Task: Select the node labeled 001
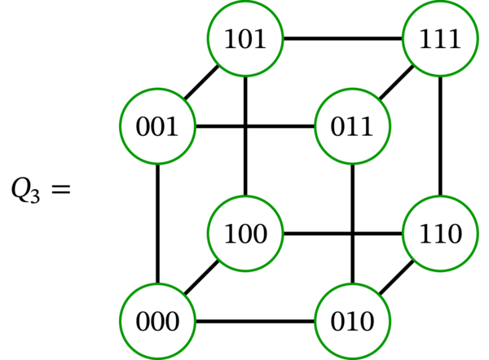157,128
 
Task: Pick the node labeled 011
352,128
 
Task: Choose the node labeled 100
245,234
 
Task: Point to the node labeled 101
245,39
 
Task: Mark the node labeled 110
440,234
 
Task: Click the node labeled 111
440,39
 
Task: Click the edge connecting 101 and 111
342,39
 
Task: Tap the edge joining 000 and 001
157,224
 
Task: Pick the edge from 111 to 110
440,136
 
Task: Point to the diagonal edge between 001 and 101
201,83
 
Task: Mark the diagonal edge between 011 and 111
396,83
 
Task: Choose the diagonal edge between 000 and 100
201,277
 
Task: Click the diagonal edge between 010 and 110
396,277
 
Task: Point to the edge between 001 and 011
254,128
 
